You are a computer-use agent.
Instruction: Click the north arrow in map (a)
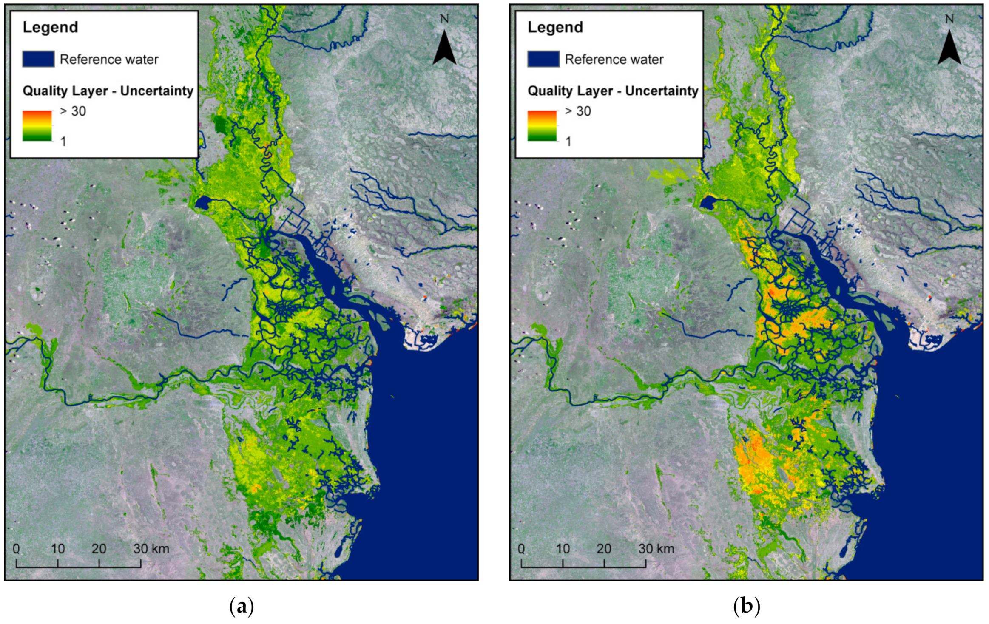444,48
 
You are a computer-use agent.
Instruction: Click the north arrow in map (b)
949,48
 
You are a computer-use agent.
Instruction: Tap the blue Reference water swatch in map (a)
38,59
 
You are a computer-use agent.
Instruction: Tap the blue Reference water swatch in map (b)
543,59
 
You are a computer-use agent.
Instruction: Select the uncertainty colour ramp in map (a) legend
37,125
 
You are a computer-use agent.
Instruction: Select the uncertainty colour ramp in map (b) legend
542,125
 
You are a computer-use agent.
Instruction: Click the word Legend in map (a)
50,27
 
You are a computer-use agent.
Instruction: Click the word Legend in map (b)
555,27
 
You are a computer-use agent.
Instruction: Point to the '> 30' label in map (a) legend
73,111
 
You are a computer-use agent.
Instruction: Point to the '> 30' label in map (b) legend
577,111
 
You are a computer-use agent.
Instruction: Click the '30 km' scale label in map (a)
151,549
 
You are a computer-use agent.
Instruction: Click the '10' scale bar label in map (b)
563,549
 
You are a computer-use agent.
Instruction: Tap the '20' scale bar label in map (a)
99,549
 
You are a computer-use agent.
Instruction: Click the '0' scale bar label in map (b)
521,549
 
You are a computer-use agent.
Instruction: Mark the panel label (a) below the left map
242,606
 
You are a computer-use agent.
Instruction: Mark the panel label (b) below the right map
746,606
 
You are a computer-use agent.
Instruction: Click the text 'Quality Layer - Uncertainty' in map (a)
108,91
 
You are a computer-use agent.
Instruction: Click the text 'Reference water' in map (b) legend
614,60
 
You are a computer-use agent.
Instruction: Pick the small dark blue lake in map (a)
203,202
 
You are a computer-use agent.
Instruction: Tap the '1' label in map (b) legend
568,141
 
